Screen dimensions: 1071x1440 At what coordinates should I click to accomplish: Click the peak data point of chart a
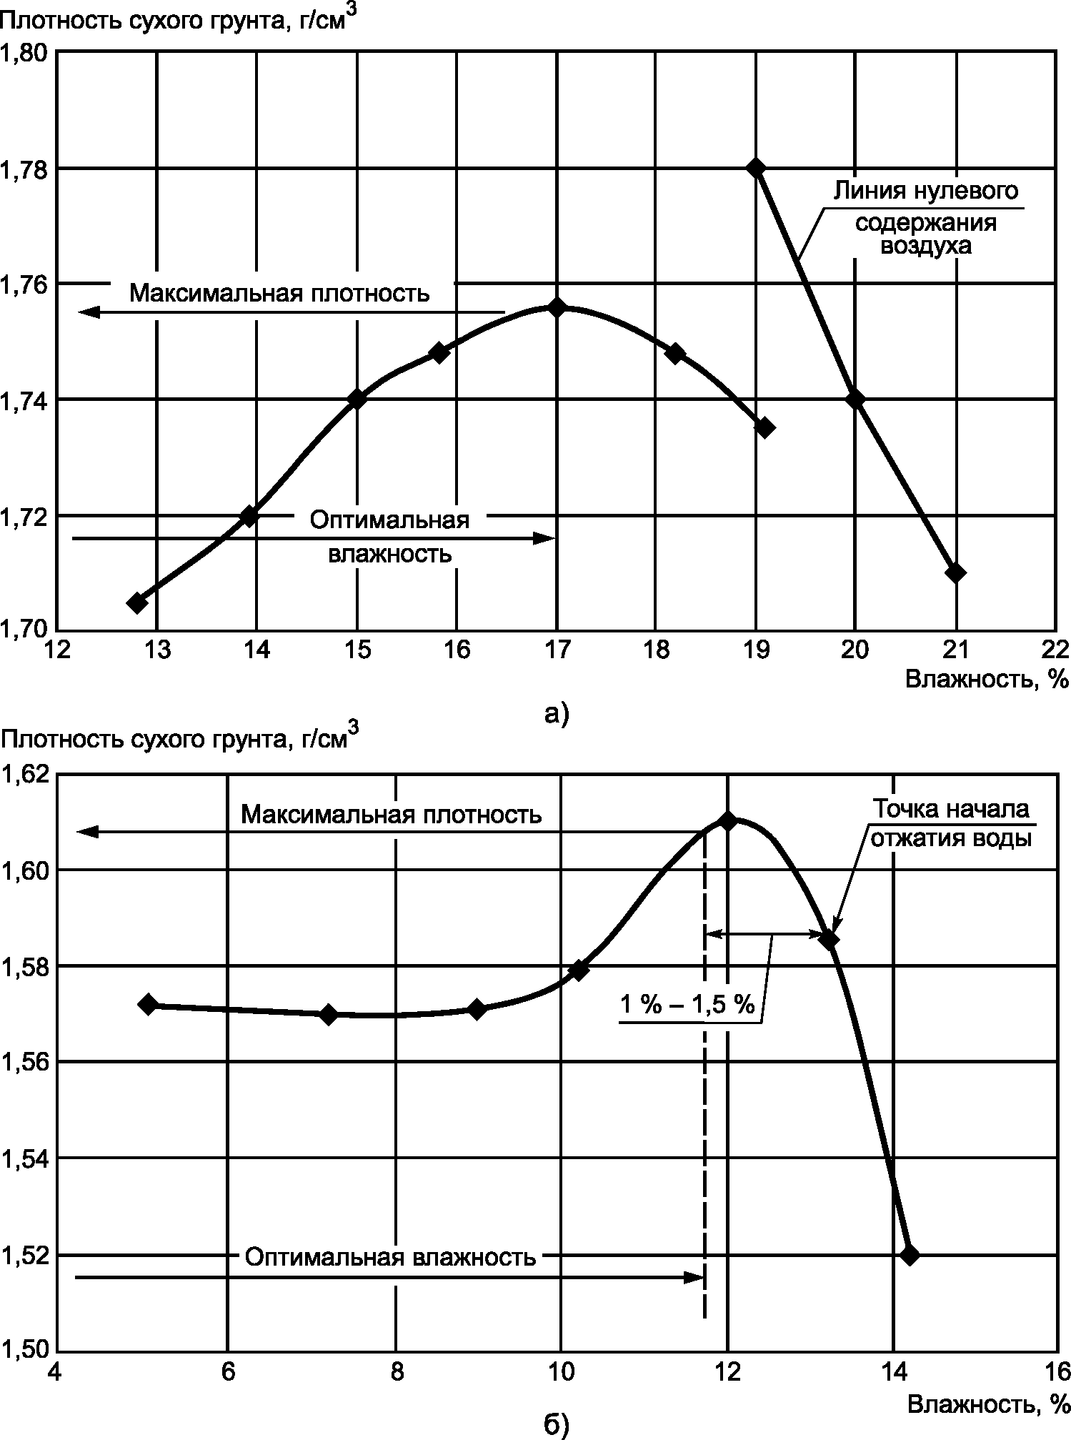[557, 307]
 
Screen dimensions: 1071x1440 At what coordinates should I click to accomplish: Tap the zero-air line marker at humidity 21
[955, 572]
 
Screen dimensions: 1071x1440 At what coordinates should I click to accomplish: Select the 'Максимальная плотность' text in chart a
[279, 293]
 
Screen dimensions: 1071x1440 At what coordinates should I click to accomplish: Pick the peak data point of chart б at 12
[728, 820]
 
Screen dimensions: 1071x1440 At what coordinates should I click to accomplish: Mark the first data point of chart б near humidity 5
[148, 1003]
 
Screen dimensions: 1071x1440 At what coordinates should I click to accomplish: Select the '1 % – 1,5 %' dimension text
[687, 1005]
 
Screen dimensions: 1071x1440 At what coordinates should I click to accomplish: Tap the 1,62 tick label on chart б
[26, 774]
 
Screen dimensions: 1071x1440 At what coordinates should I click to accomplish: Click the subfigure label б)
[557, 1426]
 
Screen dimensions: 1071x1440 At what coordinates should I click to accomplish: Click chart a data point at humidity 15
[357, 399]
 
